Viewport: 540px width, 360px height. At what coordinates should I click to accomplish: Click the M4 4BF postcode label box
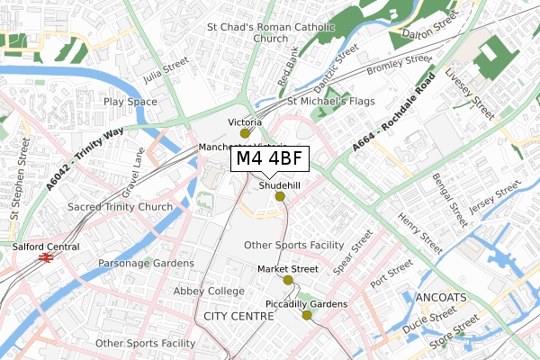pyautogui.click(x=270, y=159)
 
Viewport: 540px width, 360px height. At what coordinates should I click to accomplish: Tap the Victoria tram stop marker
pyautogui.click(x=245, y=133)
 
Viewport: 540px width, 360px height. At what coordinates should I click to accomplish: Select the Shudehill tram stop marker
pyautogui.click(x=279, y=196)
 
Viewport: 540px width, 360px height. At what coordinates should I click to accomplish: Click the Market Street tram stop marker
pyautogui.click(x=288, y=280)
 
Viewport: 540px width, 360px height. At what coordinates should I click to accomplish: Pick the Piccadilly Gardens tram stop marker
pyautogui.click(x=307, y=315)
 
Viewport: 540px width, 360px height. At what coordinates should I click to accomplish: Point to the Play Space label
pyautogui.click(x=130, y=102)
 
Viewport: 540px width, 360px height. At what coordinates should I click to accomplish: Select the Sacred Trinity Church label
pyautogui.click(x=120, y=207)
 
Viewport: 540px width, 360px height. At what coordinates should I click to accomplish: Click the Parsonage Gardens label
pyautogui.click(x=146, y=263)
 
